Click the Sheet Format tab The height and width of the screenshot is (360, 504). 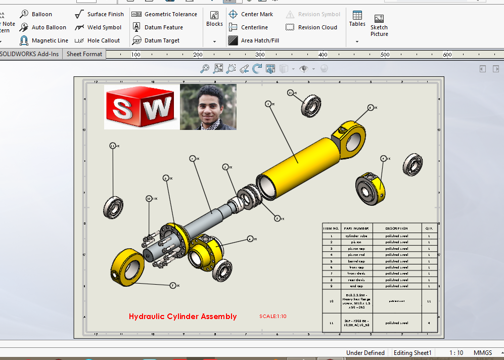[x=84, y=54]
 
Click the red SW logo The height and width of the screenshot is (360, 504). [x=142, y=107]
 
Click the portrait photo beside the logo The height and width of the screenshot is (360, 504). [x=208, y=107]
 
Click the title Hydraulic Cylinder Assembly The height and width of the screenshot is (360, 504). [x=182, y=317]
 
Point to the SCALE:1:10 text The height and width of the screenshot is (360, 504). [x=273, y=317]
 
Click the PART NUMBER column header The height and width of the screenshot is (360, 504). [x=357, y=229]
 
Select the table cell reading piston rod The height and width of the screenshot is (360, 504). [x=357, y=255]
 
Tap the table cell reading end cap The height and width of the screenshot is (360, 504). [x=357, y=286]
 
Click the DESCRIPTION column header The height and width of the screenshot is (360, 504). [x=396, y=229]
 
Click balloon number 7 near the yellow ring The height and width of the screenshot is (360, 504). [x=173, y=286]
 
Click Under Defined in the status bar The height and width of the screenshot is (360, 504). [x=365, y=353]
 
